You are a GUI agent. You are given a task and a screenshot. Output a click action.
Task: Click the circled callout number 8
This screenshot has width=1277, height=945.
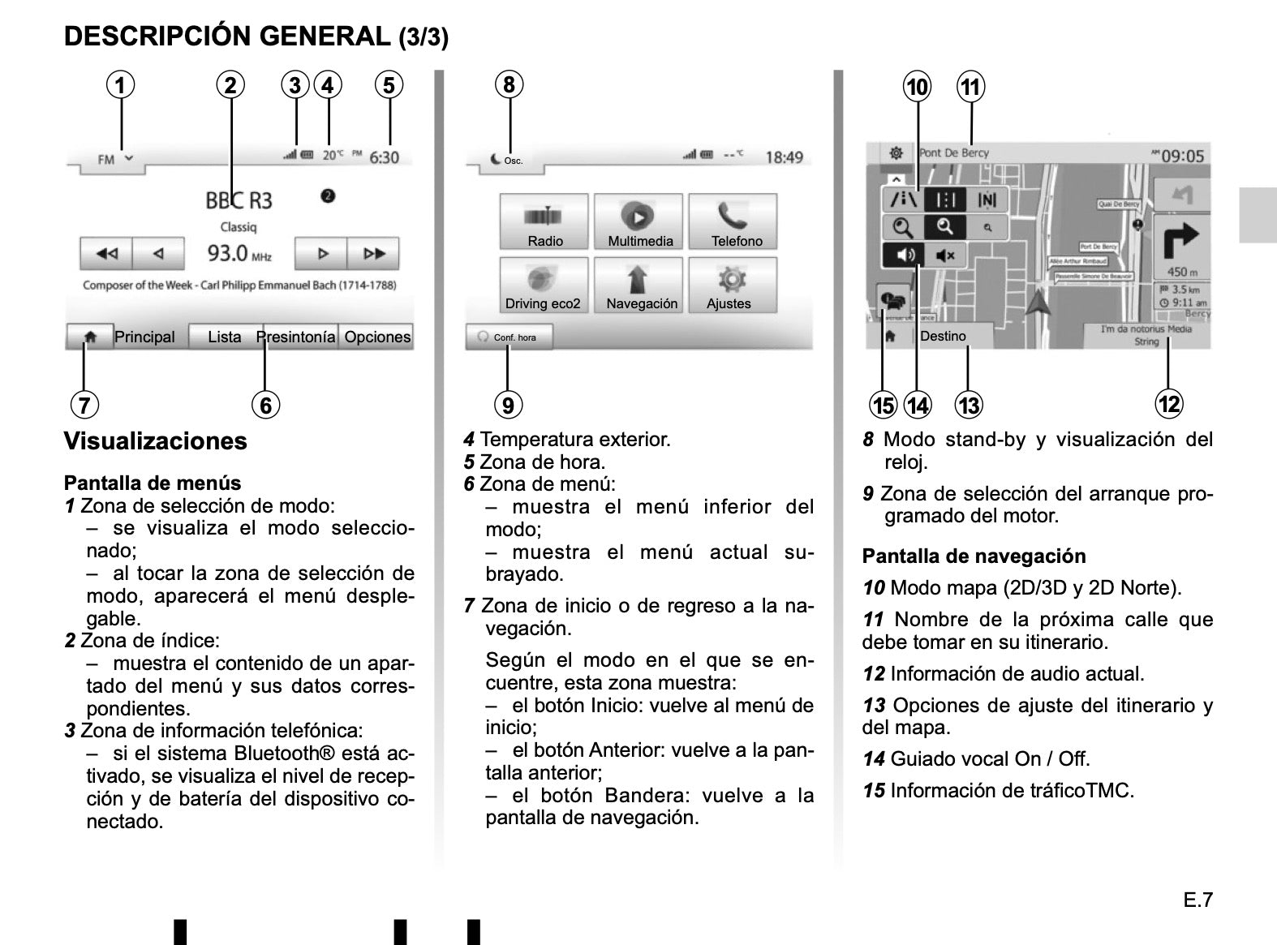(x=509, y=84)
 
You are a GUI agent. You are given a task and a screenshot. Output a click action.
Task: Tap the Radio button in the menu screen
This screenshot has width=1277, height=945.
(x=544, y=221)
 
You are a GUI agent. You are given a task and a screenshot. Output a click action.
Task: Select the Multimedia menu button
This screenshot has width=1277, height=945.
(x=640, y=221)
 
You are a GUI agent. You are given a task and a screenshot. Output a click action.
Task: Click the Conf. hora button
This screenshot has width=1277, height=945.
(x=509, y=337)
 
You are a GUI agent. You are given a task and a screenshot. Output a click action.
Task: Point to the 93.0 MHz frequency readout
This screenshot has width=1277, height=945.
(x=239, y=254)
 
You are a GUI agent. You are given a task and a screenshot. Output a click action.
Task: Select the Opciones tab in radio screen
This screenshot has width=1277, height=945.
(x=377, y=337)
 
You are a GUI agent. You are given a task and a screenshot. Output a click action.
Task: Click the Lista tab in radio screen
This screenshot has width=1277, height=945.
(x=224, y=337)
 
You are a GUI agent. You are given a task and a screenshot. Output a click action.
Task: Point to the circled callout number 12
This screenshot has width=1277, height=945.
(x=1169, y=403)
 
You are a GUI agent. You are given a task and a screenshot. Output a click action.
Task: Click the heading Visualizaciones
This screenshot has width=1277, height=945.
(x=155, y=441)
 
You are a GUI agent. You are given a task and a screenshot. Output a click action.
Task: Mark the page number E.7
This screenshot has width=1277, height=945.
(x=1197, y=900)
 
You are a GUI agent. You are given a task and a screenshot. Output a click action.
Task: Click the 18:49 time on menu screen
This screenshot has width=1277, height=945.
(x=784, y=157)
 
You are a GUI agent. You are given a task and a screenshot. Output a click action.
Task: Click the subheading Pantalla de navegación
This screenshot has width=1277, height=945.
(x=974, y=556)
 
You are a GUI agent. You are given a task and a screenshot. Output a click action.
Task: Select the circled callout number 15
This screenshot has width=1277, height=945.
(x=883, y=405)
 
